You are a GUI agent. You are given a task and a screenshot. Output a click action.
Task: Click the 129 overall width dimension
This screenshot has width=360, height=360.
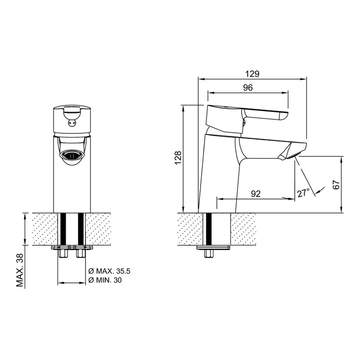(252, 74)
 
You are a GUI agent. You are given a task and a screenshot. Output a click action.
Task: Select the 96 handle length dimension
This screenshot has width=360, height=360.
(248, 88)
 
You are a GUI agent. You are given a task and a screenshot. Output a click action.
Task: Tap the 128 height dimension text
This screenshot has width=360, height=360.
(178, 158)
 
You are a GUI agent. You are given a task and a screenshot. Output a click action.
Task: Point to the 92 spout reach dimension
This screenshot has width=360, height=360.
(256, 194)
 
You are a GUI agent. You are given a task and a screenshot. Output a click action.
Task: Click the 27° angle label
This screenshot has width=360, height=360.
(304, 193)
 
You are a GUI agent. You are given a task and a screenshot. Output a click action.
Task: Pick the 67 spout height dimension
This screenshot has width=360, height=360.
(336, 184)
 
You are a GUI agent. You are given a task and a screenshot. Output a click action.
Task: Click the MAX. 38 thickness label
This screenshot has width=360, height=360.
(20, 270)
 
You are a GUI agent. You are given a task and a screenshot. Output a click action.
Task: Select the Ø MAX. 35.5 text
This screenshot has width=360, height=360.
(109, 271)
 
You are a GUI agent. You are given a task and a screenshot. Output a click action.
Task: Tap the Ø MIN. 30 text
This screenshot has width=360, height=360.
(105, 280)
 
